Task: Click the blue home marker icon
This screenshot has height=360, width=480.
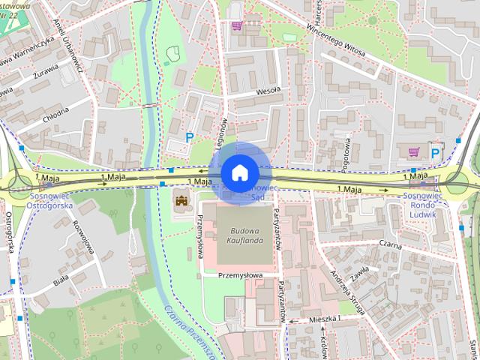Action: click(x=238, y=172)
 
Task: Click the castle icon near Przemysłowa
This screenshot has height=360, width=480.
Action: click(x=181, y=199)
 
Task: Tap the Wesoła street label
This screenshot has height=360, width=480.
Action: click(x=267, y=91)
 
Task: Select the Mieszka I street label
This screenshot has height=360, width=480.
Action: click(x=324, y=319)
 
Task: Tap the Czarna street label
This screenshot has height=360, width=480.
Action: click(x=390, y=244)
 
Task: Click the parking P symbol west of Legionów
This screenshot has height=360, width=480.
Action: click(x=190, y=137)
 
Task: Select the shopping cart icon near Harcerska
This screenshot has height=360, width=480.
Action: click(x=237, y=26)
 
